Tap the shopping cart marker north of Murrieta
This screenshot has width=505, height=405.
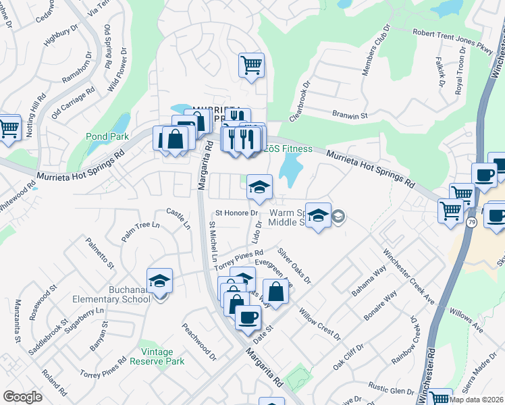click(x=251, y=65)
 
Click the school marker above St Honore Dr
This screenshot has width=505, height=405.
click(x=259, y=188)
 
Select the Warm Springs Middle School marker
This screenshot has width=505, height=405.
click(x=319, y=215)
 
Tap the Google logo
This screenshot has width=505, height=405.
click(x=22, y=397)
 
